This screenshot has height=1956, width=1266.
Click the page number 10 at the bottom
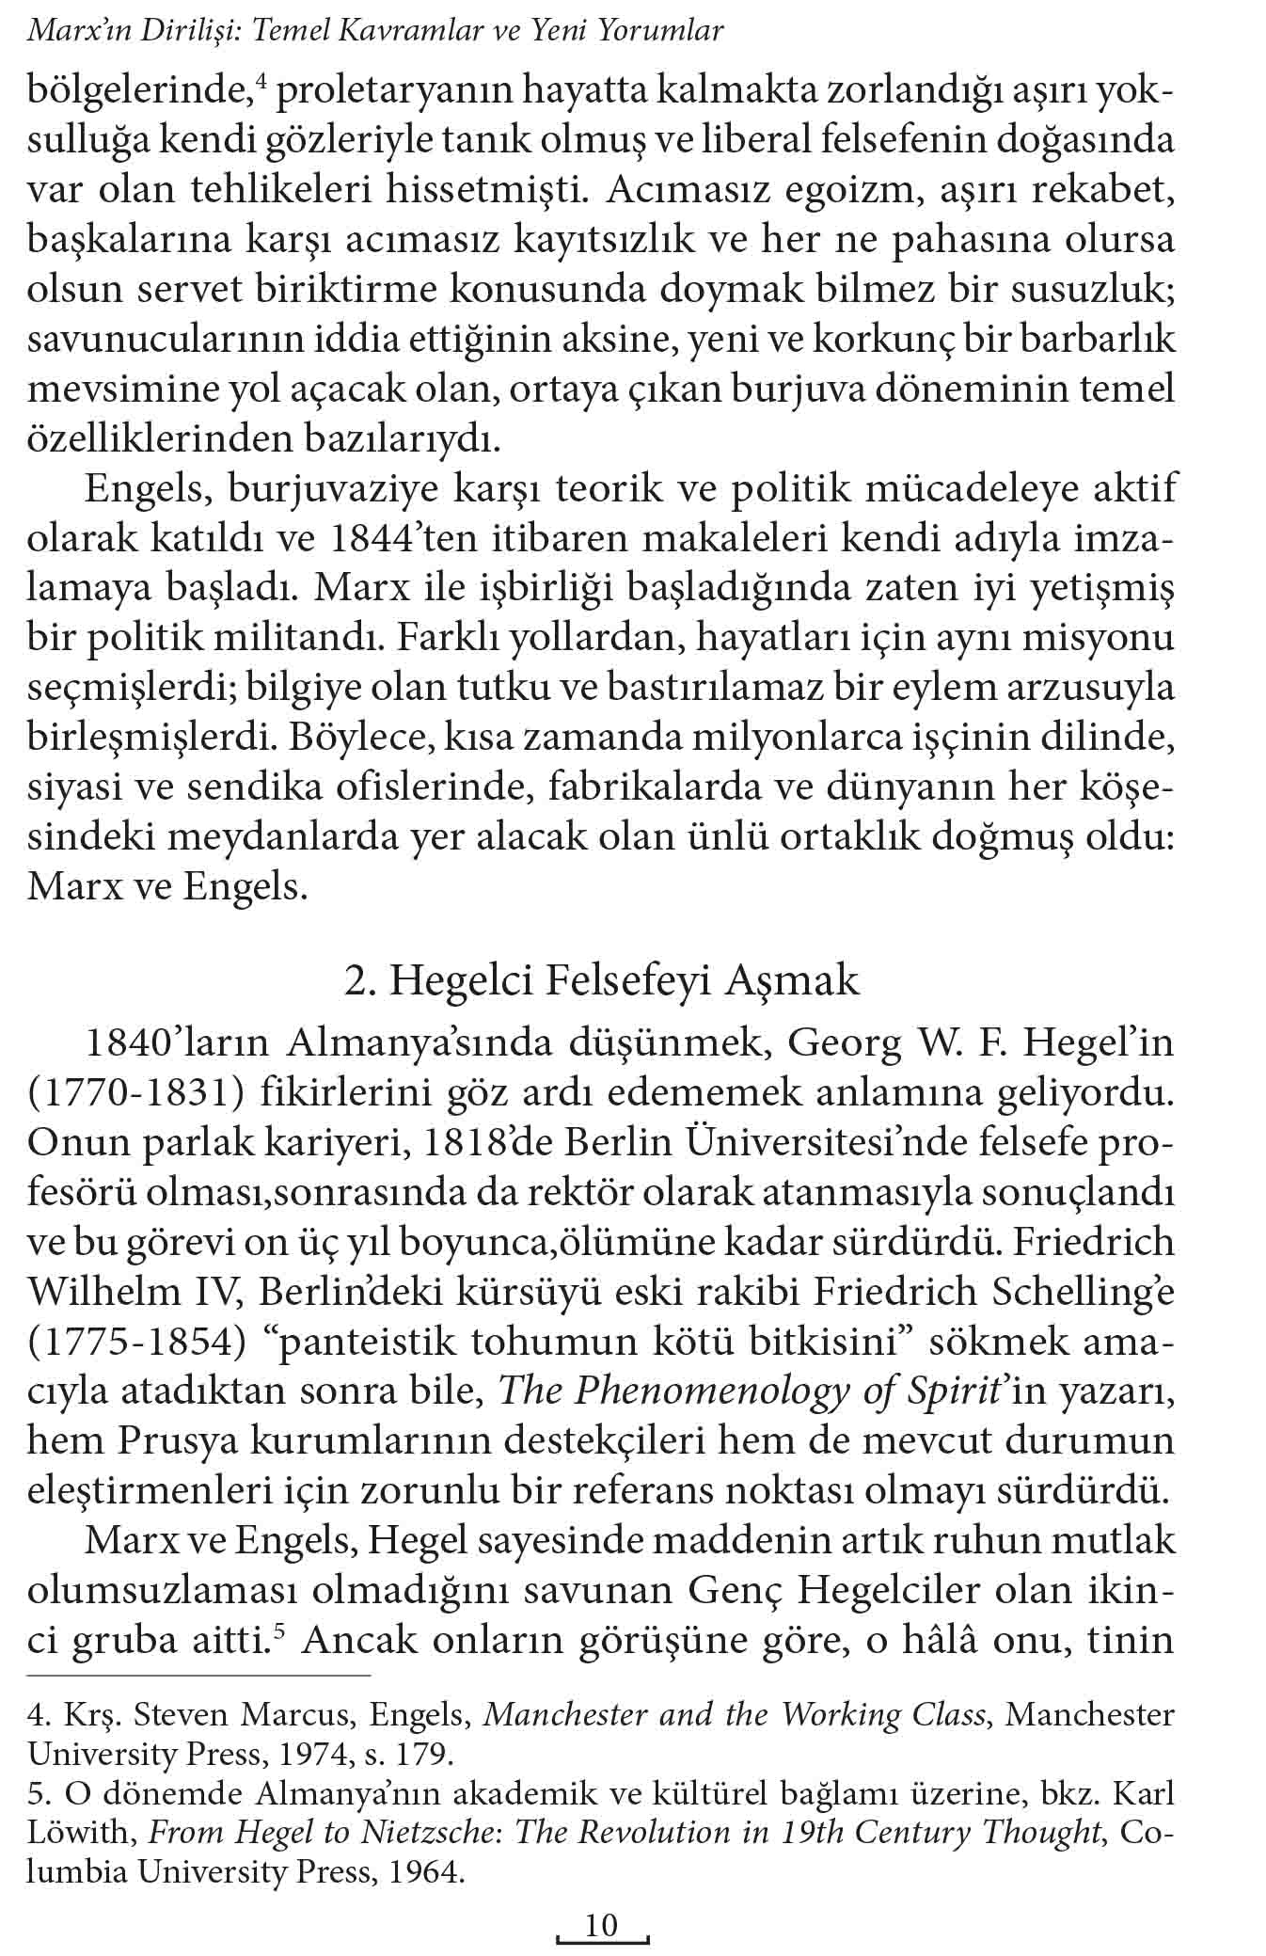(x=601, y=1925)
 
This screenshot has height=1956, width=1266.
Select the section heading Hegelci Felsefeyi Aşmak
(x=601, y=980)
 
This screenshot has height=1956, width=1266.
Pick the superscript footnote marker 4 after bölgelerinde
(x=262, y=83)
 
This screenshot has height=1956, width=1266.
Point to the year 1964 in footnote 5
(x=422, y=1873)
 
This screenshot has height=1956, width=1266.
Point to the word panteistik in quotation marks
(x=360, y=1341)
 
